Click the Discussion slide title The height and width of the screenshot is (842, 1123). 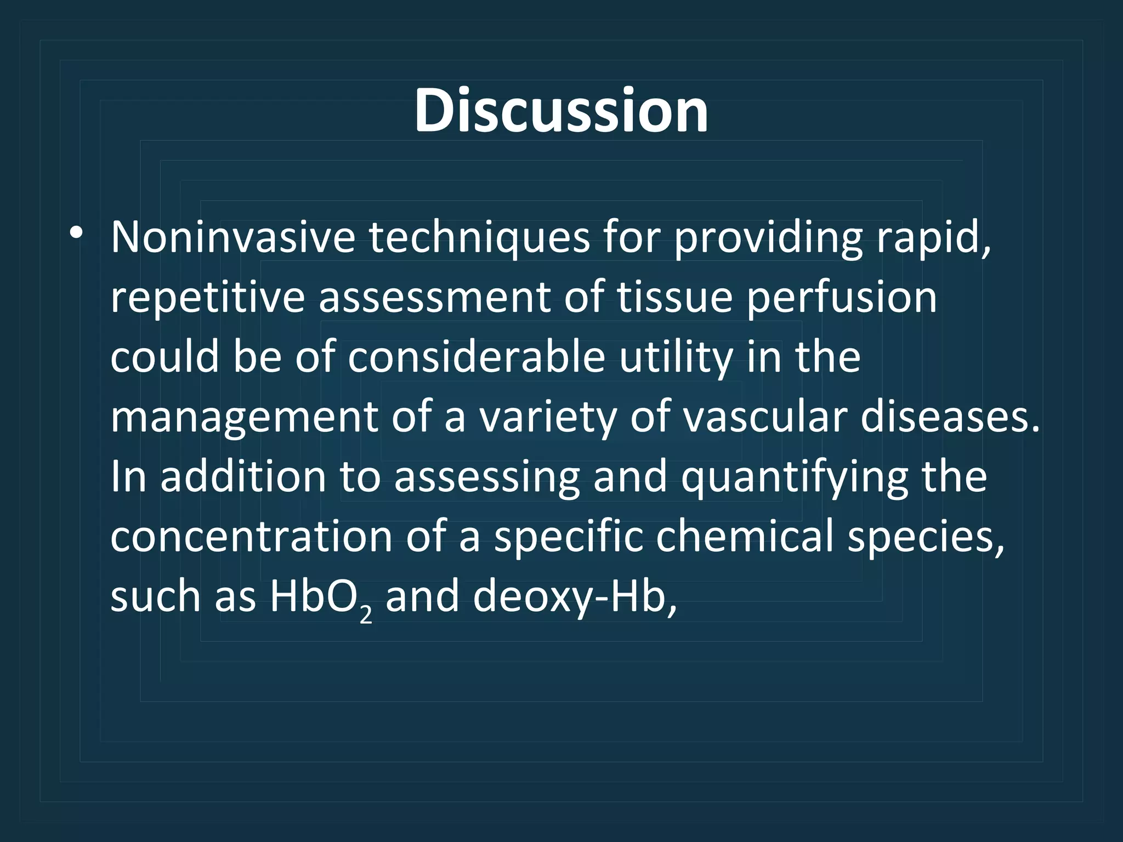click(561, 111)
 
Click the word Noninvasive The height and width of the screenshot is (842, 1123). click(233, 238)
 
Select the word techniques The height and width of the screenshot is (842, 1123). click(478, 238)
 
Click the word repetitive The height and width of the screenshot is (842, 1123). click(207, 298)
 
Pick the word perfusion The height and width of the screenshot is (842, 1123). click(842, 298)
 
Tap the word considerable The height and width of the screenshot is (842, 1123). click(476, 357)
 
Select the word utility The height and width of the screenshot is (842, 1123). click(676, 357)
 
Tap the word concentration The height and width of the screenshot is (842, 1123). click(251, 537)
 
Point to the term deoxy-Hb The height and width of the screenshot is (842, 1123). click(573, 596)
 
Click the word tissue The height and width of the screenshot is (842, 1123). click(674, 298)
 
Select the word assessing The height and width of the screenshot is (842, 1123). click(486, 477)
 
